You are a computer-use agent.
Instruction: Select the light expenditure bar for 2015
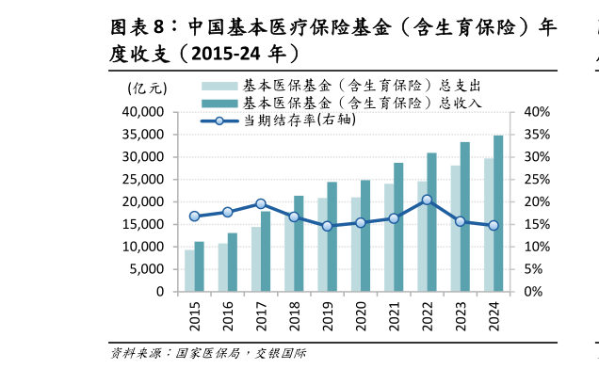click(x=189, y=270)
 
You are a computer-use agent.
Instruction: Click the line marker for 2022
click(x=427, y=200)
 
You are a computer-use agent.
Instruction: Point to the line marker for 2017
click(x=261, y=203)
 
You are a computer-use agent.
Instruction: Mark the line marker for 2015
click(x=194, y=217)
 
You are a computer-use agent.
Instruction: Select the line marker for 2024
click(x=493, y=225)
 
